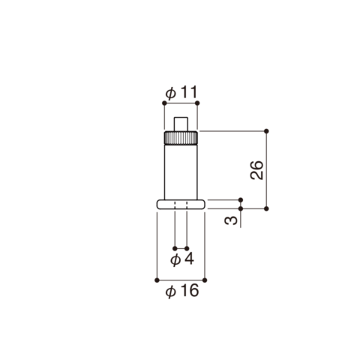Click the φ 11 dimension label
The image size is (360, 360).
click(x=181, y=92)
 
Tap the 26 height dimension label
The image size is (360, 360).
click(x=256, y=169)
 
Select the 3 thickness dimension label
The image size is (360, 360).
click(x=231, y=220)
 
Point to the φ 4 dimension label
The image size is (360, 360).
click(x=182, y=259)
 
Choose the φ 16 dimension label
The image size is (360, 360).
click(x=182, y=291)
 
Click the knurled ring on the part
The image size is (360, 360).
click(x=181, y=137)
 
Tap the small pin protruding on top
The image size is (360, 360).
click(x=181, y=124)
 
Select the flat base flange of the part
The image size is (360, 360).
click(x=181, y=204)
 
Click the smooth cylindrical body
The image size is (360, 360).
click(x=181, y=172)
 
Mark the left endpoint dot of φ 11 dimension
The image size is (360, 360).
click(x=164, y=103)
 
